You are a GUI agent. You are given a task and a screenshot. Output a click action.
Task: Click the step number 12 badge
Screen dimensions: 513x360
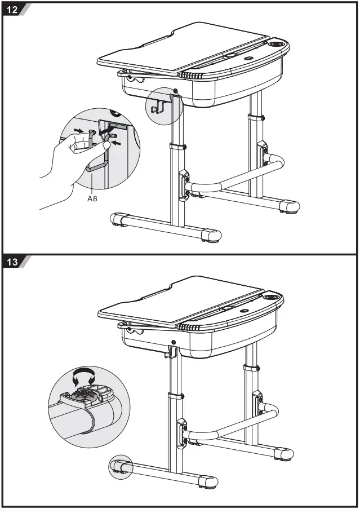pos(12,10)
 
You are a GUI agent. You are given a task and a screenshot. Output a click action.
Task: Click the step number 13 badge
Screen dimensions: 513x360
pos(12,263)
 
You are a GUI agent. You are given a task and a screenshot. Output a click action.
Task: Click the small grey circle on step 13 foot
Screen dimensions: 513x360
pos(119,467)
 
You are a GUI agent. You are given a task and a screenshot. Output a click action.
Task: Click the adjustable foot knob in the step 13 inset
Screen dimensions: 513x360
pos(87,395)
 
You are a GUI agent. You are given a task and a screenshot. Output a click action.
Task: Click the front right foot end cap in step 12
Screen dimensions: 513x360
pos(211,235)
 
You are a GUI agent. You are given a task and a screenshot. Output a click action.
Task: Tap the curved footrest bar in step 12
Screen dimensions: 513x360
pos(237,177)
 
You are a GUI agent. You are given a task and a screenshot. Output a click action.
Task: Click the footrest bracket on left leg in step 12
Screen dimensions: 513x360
pos(184,184)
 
